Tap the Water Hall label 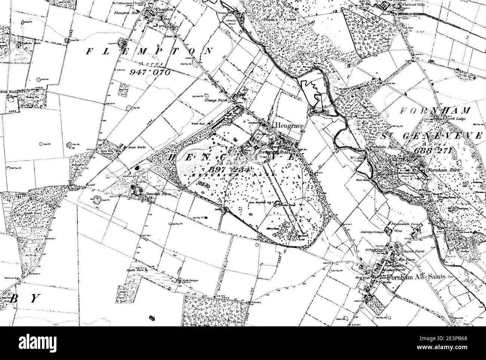click(197, 124)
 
